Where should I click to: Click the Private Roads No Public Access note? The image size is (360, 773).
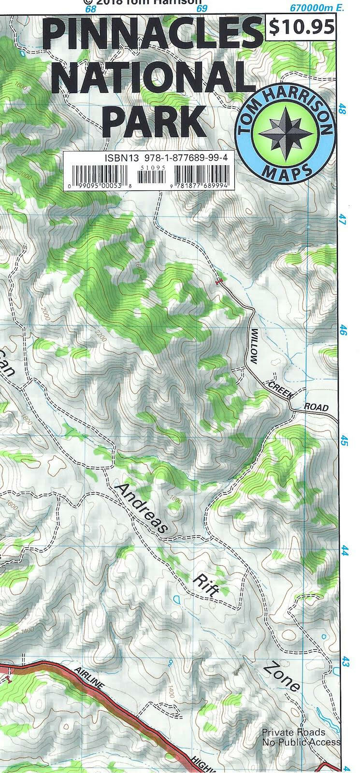tap(301, 737)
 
